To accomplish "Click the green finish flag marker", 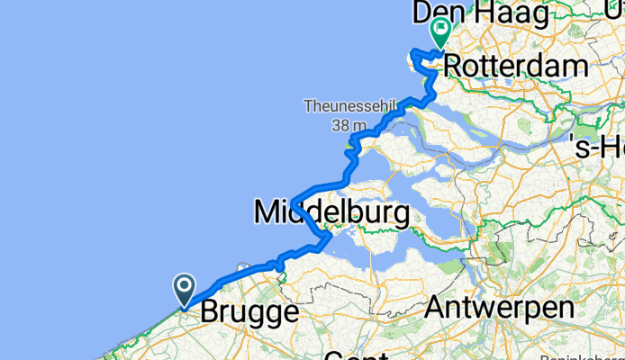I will [x=440, y=32].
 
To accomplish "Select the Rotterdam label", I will [x=516, y=66].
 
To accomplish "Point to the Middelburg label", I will [x=331, y=212].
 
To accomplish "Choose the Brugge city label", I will [x=249, y=313].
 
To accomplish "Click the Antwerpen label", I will [x=499, y=308].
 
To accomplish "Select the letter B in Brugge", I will [x=209, y=313].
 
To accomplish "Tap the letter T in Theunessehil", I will [x=308, y=106].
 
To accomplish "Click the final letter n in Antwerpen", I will [x=566, y=308].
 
